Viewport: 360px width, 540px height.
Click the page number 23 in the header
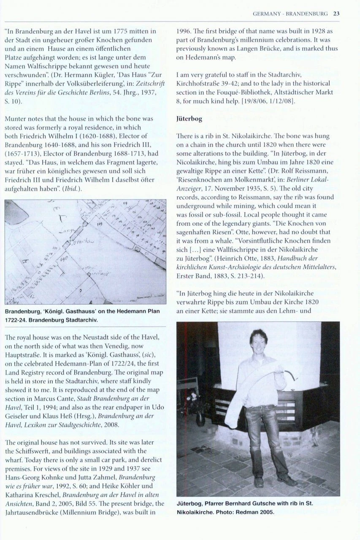coord(336,13)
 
